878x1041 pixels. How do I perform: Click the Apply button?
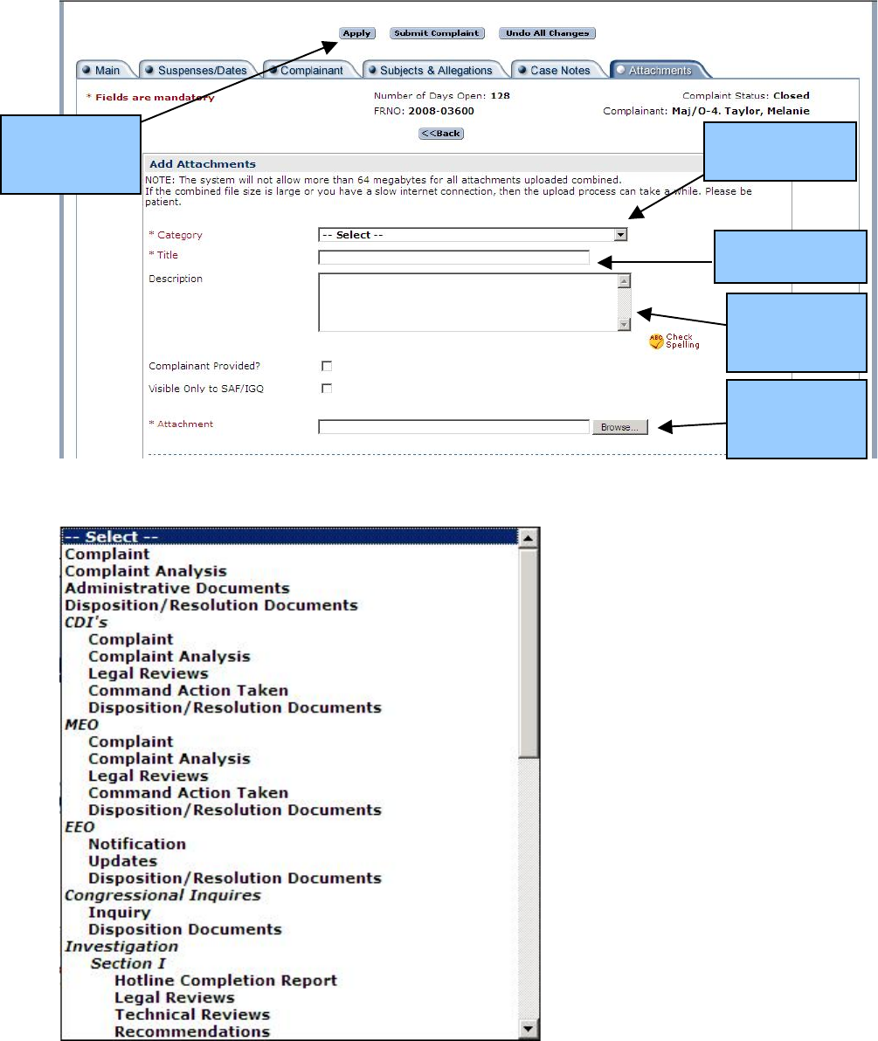click(356, 33)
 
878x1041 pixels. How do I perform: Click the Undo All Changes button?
click(547, 33)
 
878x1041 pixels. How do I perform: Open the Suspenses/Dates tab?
click(201, 71)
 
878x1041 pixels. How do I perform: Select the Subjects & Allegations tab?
click(435, 71)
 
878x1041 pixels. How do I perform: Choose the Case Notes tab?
click(559, 71)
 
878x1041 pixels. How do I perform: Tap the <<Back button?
click(441, 134)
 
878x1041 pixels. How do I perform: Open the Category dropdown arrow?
click(620, 235)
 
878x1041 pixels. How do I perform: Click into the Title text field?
click(454, 258)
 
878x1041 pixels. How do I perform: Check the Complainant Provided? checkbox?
click(328, 367)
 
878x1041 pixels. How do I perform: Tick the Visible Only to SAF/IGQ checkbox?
click(328, 389)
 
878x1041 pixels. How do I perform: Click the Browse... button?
click(619, 428)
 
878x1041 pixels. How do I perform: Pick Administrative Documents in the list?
click(177, 589)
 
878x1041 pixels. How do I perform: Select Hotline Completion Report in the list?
click(225, 981)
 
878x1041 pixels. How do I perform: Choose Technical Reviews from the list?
click(192, 1015)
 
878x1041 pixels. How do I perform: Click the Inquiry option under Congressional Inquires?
click(120, 913)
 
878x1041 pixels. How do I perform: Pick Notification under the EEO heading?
click(137, 845)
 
